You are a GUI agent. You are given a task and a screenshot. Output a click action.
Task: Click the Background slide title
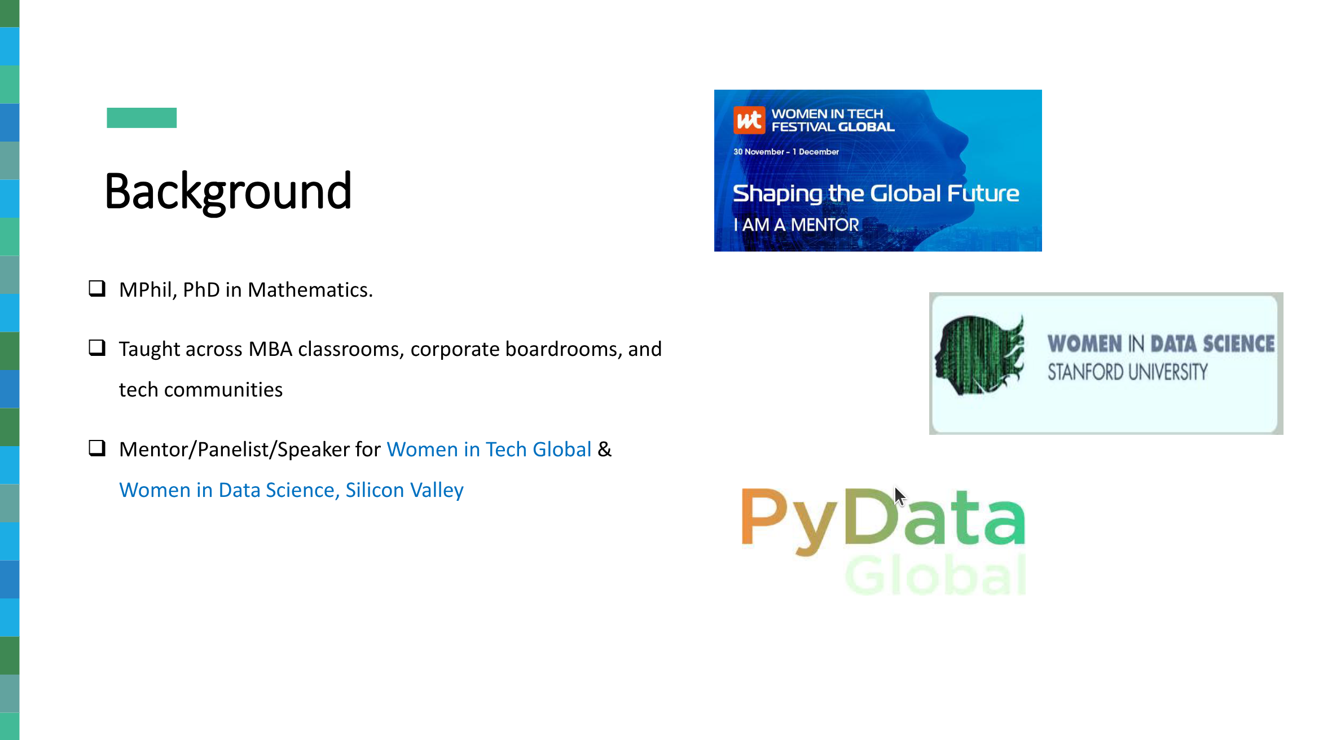[x=228, y=192]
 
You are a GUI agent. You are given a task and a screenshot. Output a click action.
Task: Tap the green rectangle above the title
[x=142, y=118]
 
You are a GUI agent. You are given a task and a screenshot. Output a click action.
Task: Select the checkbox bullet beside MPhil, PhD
[x=97, y=288]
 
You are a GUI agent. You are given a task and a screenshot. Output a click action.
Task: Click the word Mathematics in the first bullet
[x=310, y=290]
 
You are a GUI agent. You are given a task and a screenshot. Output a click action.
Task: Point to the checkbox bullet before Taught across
[x=97, y=347]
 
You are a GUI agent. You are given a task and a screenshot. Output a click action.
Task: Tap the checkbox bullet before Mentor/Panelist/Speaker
[x=97, y=448]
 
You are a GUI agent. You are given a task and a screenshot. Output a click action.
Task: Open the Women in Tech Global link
[x=489, y=450]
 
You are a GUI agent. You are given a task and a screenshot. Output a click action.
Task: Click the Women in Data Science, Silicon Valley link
[x=291, y=490]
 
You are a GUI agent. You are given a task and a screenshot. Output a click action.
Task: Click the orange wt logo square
[x=749, y=120]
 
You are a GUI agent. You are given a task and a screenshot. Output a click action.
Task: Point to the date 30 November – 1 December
[x=786, y=152]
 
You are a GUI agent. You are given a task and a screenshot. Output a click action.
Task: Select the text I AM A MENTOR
[x=796, y=224]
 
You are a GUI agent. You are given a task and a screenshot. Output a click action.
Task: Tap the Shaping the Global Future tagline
[x=876, y=193]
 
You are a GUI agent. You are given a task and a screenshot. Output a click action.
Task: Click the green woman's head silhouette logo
[x=979, y=354]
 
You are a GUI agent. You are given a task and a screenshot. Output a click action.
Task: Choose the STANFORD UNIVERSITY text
[x=1128, y=372]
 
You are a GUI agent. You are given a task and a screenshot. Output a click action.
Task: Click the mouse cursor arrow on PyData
[x=899, y=497]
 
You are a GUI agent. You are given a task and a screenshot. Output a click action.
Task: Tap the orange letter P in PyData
[x=765, y=516]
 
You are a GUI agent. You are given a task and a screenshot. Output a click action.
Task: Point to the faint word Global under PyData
[x=935, y=575]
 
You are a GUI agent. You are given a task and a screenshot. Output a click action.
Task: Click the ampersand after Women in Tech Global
[x=605, y=450]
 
